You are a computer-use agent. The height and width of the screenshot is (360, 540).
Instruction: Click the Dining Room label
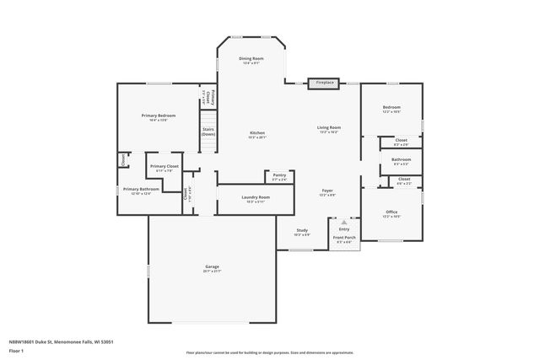pyautogui.click(x=252, y=58)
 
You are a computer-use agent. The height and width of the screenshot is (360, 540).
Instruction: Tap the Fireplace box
pyautogui.click(x=325, y=83)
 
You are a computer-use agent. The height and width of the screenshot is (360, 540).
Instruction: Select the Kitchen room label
pyautogui.click(x=256, y=133)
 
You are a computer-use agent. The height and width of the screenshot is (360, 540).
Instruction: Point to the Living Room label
pyautogui.click(x=328, y=127)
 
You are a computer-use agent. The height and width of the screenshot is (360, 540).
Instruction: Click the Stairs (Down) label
pyautogui.click(x=208, y=132)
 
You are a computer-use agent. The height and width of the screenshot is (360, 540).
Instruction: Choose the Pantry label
pyautogui.click(x=278, y=175)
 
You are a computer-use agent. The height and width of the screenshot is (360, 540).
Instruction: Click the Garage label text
pyautogui.click(x=212, y=266)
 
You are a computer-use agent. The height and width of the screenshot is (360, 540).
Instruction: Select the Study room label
pyautogui.click(x=301, y=231)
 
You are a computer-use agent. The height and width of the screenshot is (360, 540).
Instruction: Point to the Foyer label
pyautogui.click(x=328, y=191)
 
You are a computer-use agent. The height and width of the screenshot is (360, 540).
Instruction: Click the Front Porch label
pyautogui.click(x=343, y=238)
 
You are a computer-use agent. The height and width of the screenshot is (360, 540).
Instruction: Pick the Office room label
pyautogui.click(x=391, y=212)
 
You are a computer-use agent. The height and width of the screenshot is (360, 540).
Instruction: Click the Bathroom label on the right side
pyautogui.click(x=401, y=159)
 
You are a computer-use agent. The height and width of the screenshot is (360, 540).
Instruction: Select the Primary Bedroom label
pyautogui.click(x=159, y=116)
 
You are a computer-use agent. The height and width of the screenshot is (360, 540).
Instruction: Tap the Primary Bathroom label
pyautogui.click(x=141, y=190)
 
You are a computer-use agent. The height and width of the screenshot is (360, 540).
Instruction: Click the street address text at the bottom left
pyautogui.click(x=62, y=341)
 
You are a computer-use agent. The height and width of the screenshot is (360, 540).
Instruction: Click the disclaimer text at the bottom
pyautogui.click(x=269, y=352)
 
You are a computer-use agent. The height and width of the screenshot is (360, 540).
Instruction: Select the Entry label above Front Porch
pyautogui.click(x=343, y=228)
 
